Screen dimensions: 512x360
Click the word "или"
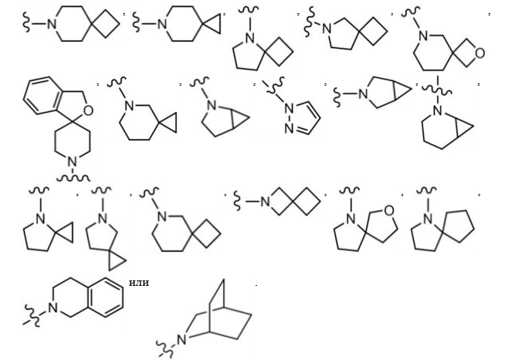click(x=139, y=283)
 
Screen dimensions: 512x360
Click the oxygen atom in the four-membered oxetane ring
click(x=480, y=53)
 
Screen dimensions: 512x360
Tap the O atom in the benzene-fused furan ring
click(x=88, y=110)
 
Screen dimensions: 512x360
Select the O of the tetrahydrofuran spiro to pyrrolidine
click(x=388, y=210)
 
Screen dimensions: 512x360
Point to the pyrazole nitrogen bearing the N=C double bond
click(x=289, y=128)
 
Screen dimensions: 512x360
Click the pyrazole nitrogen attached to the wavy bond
click(x=289, y=107)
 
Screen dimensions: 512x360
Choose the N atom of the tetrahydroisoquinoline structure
click(x=53, y=307)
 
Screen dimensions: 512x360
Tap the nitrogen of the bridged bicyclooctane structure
click(x=181, y=339)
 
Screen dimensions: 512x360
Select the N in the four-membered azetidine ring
click(x=265, y=202)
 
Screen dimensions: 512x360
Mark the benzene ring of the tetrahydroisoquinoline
click(x=107, y=297)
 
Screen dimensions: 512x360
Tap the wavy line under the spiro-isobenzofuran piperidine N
click(x=73, y=178)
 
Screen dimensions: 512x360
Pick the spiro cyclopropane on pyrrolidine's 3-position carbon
click(x=117, y=260)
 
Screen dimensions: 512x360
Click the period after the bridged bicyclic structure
click(x=256, y=286)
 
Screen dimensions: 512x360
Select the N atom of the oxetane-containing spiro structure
click(x=423, y=36)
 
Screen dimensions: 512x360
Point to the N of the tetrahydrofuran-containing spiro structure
click(x=351, y=219)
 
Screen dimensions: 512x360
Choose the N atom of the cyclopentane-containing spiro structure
click(x=428, y=219)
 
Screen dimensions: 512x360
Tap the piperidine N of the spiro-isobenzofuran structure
click(x=73, y=161)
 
